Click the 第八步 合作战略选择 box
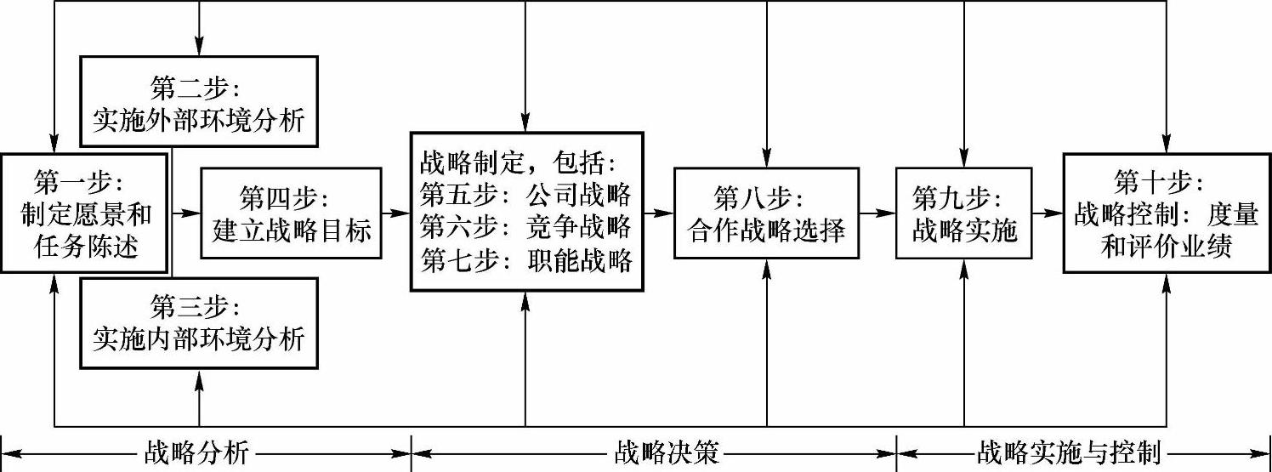click(x=767, y=213)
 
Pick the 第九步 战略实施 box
click(x=964, y=213)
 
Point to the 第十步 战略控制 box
click(x=1165, y=213)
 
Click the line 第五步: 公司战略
click(x=525, y=195)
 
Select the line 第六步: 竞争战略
click(x=525, y=227)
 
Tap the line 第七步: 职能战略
click(x=525, y=259)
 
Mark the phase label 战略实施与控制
click(x=1069, y=452)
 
